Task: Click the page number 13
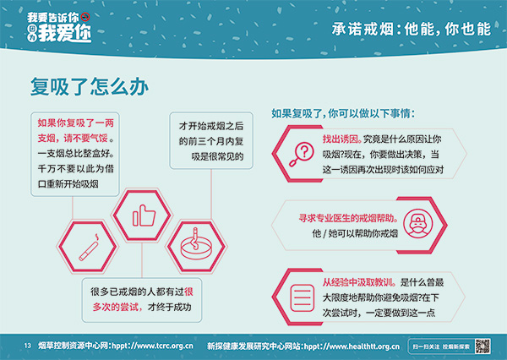(27, 346)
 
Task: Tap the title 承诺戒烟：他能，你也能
(410, 27)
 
